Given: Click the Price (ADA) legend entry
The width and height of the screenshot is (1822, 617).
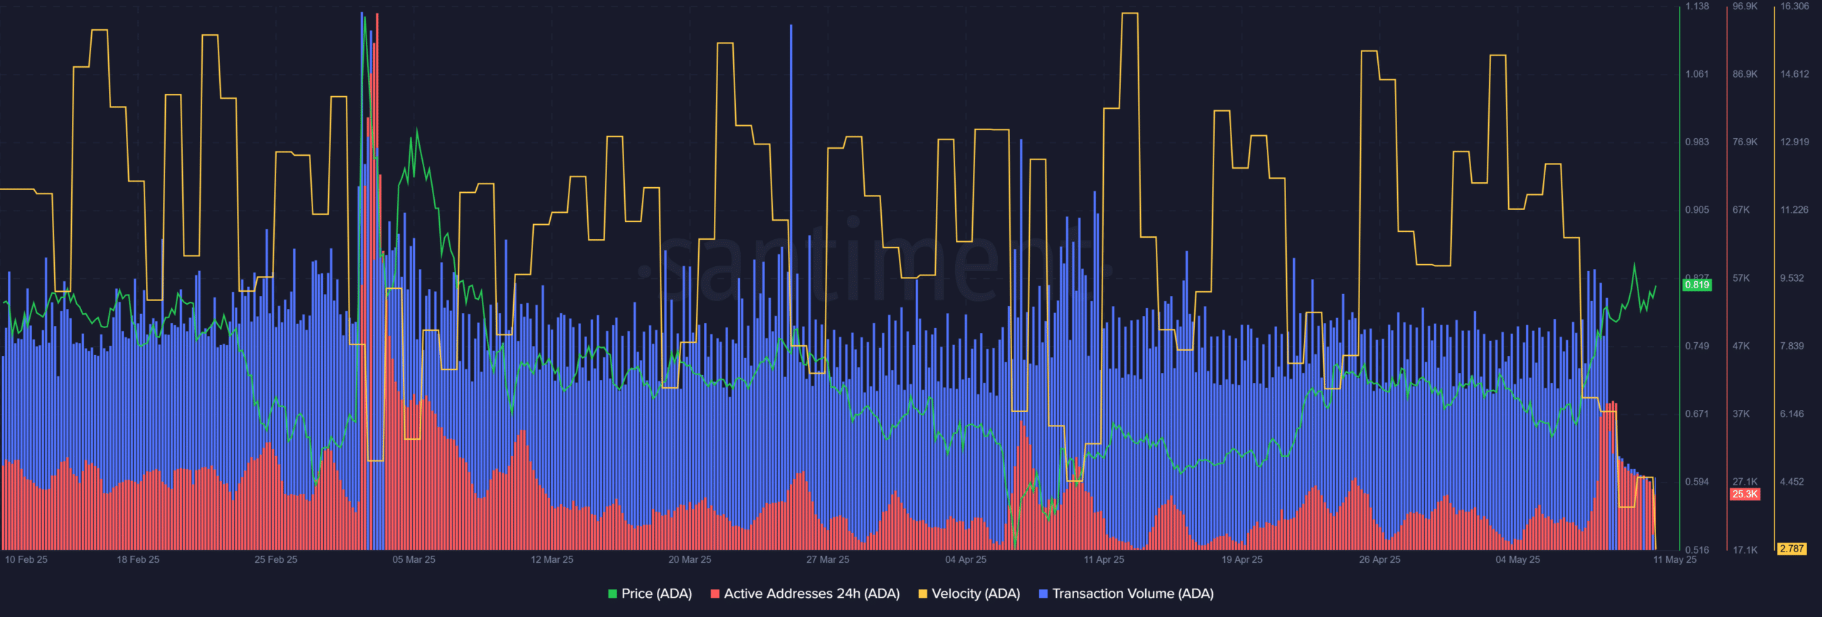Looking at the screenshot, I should pyautogui.click(x=650, y=594).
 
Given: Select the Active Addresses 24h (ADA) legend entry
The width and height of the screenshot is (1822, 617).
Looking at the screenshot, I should pyautogui.click(x=805, y=594).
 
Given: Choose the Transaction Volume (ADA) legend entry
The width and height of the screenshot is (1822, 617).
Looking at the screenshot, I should pyautogui.click(x=1126, y=594).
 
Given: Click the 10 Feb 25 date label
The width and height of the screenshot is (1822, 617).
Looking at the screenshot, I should pyautogui.click(x=26, y=559).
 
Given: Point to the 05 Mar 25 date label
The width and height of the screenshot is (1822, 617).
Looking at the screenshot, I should pyautogui.click(x=414, y=559).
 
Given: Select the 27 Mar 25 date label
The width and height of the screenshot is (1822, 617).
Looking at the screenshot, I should pyautogui.click(x=828, y=559).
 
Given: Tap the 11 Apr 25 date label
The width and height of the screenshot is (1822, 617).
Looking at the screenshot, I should pyautogui.click(x=1104, y=559).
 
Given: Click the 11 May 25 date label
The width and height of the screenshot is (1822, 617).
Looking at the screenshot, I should pyautogui.click(x=1675, y=559).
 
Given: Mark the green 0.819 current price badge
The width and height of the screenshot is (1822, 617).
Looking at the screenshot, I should pyautogui.click(x=1697, y=285).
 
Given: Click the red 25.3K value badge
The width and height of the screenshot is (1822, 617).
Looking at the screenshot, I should pyautogui.click(x=1744, y=494).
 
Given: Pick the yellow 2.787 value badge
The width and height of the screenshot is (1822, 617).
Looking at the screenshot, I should pyautogui.click(x=1791, y=549).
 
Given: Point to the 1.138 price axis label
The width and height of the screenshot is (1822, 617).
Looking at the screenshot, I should pyautogui.click(x=1697, y=6).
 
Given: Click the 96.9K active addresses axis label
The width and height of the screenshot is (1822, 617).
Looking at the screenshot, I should pyautogui.click(x=1744, y=6).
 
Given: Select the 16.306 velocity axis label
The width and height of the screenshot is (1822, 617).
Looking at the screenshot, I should pyautogui.click(x=1794, y=6).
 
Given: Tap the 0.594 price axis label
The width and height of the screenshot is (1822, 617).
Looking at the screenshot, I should pyautogui.click(x=1697, y=482).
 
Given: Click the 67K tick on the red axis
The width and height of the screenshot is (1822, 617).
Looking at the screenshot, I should pyautogui.click(x=1741, y=210).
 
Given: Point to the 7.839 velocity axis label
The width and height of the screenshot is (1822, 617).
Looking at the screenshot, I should pyautogui.click(x=1791, y=346).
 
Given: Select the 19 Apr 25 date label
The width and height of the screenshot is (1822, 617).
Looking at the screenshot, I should pyautogui.click(x=1242, y=559).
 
